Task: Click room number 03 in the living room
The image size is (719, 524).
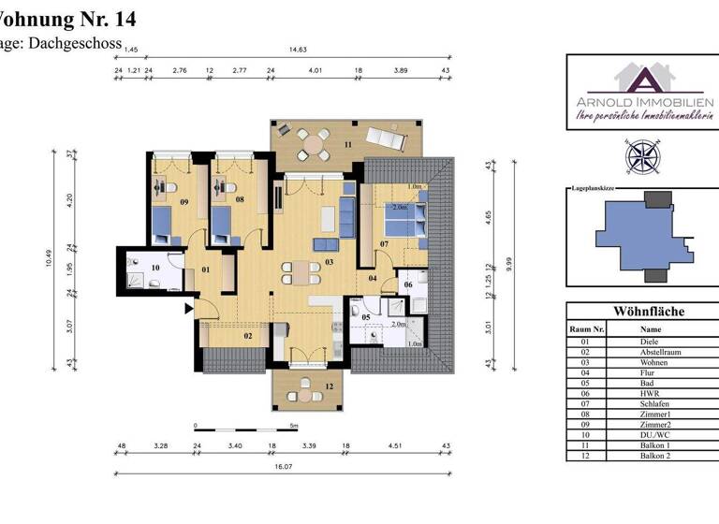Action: click(330, 261)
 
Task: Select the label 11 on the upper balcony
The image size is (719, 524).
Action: click(347, 145)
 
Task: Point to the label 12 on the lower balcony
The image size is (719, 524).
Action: click(329, 386)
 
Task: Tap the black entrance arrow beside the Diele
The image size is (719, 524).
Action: click(190, 305)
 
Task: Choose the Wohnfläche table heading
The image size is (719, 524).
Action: click(648, 311)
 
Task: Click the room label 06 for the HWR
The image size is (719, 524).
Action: click(408, 284)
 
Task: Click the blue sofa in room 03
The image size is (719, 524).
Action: click(347, 219)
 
